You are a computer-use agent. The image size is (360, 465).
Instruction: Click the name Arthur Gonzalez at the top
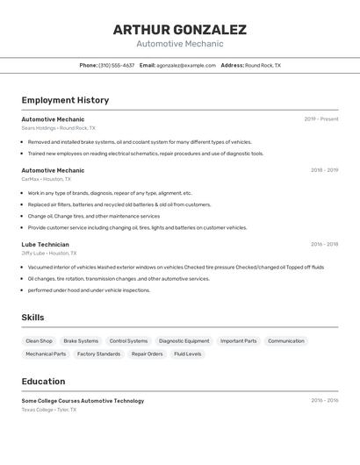tap(180, 29)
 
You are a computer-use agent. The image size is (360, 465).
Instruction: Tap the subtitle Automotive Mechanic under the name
tap(180, 44)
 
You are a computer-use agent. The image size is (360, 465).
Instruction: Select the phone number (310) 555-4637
tap(117, 65)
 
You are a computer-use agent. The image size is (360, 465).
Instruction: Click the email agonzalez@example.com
tap(186, 65)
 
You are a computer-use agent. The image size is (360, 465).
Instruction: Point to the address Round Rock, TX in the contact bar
tap(263, 65)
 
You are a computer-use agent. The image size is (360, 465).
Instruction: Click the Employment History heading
tap(65, 100)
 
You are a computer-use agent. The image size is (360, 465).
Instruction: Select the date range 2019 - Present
tap(321, 119)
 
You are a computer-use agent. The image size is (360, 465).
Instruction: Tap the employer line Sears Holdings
tap(58, 128)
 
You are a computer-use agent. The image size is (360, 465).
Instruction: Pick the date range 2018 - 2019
tap(324, 170)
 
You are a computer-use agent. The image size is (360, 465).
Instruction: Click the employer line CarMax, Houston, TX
tap(47, 179)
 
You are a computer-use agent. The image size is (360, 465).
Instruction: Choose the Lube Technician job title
tap(45, 244)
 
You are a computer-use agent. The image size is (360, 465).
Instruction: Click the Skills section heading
tap(33, 318)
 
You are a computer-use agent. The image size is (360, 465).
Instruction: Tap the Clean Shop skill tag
tap(39, 340)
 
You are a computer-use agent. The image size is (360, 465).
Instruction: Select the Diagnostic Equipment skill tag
tap(184, 340)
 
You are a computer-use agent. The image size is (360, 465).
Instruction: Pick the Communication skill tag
tap(286, 340)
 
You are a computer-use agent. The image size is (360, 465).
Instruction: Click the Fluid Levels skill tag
tap(188, 354)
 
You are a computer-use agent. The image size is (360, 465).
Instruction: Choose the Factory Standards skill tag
tap(98, 354)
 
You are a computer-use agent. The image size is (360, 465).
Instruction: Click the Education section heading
tap(43, 382)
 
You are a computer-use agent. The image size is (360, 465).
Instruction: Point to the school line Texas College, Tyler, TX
tap(49, 410)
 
